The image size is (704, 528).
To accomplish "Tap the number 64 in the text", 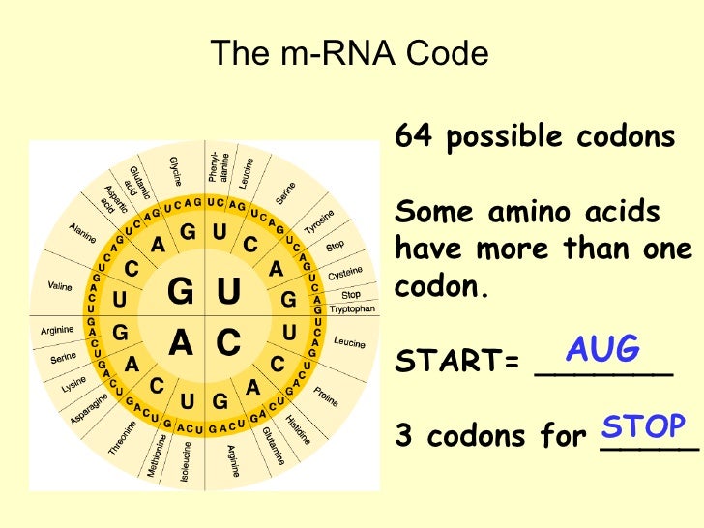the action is click(410, 137).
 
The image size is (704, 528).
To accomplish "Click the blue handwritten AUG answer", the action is click(602, 349).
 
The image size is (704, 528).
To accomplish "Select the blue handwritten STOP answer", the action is click(643, 426).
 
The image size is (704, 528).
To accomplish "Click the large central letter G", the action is click(181, 291).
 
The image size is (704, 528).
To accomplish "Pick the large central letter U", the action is click(228, 291).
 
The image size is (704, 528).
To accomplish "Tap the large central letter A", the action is click(181, 341).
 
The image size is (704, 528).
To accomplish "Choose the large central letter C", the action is click(228, 341).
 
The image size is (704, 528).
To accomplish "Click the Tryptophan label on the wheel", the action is click(352, 309).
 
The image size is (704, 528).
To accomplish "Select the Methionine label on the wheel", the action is click(159, 455).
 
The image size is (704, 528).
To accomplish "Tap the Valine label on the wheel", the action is click(60, 287).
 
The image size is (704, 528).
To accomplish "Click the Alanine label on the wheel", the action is click(83, 233).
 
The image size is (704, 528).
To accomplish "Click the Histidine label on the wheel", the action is click(298, 429).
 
